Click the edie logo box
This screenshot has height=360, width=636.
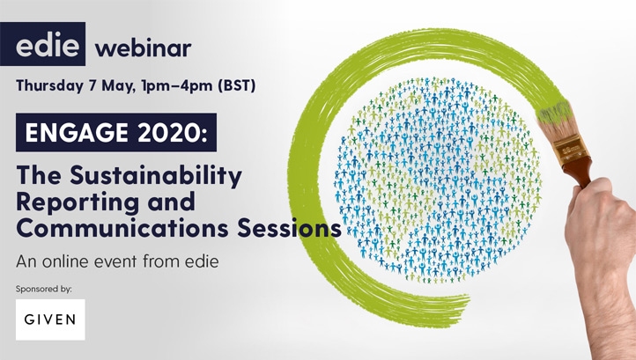tap(42, 44)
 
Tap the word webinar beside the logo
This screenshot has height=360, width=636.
tap(143, 48)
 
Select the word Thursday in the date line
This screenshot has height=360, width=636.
tap(49, 86)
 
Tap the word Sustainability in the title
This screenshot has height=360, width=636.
tap(156, 176)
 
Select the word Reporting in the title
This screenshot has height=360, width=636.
tap(78, 202)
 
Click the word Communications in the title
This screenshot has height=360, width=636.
tap(122, 228)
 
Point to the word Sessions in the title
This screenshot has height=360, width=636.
tap(289, 228)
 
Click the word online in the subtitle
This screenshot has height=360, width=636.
tap(66, 261)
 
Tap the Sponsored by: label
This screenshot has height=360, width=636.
tap(44, 289)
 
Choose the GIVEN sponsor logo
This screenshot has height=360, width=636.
tap(50, 320)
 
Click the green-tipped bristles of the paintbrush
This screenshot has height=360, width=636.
tap(554, 113)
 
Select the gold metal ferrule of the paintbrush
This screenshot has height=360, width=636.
tap(571, 148)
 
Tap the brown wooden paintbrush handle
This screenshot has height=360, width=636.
tap(580, 172)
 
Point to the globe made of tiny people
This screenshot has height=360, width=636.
tap(438, 180)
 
